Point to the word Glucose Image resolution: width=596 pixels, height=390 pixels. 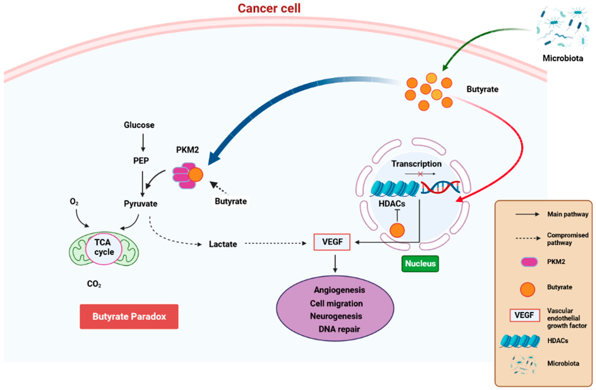pyautogui.click(x=139, y=125)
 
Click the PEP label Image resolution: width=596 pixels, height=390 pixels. pyautogui.click(x=141, y=160)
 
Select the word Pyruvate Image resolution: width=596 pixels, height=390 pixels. pyautogui.click(x=141, y=204)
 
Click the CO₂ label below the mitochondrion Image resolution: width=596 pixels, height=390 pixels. pyautogui.click(x=94, y=284)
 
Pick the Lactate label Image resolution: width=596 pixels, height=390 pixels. pyautogui.click(x=223, y=244)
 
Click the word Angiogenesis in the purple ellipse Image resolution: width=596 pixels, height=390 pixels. pyautogui.click(x=339, y=290)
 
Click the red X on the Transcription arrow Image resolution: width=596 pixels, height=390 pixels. pyautogui.click(x=420, y=174)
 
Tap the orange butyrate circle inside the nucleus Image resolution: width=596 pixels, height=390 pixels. pyautogui.click(x=397, y=230)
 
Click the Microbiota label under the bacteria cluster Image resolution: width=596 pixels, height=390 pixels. pyautogui.click(x=563, y=58)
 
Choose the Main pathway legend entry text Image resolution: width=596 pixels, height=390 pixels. pyautogui.click(x=568, y=214)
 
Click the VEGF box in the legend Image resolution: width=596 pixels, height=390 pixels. pyautogui.click(x=524, y=315)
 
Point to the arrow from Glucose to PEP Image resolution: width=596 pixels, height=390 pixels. pyautogui.click(x=143, y=142)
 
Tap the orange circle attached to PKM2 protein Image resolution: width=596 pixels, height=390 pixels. pyautogui.click(x=196, y=175)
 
